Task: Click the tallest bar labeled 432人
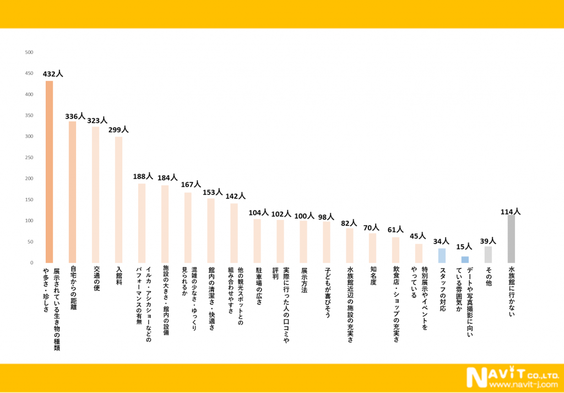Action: coord(50,172)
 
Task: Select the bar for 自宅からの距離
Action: coord(73,192)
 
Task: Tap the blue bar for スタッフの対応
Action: coord(442,255)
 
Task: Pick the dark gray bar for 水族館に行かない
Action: coord(511,239)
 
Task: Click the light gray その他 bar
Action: coord(488,254)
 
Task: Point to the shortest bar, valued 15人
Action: coord(465,260)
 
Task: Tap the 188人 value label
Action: coord(142,177)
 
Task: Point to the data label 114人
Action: coord(511,212)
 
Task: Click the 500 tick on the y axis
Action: coord(29,52)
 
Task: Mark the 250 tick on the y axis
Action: coord(29,158)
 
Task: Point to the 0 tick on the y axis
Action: coord(31,263)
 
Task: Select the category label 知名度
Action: coord(373,276)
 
